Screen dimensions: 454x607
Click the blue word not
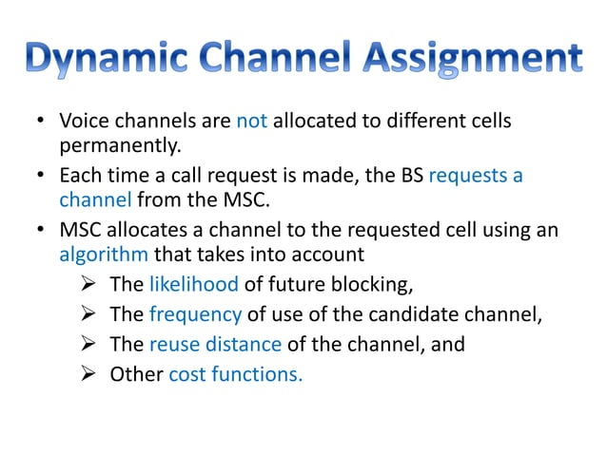pos(252,123)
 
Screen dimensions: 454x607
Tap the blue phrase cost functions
pos(236,373)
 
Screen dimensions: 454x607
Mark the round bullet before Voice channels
pos(41,123)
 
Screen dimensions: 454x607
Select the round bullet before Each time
pos(41,178)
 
